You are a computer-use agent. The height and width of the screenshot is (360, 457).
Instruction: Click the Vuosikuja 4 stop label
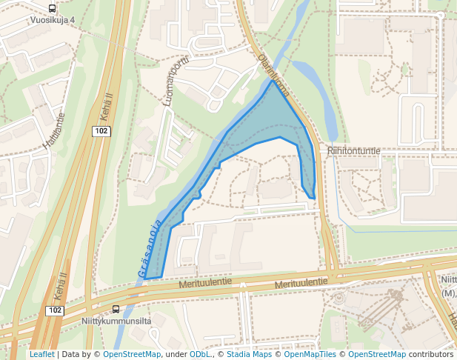[x=53, y=20]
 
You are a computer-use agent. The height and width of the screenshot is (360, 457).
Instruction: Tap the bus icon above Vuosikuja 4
[x=52, y=8]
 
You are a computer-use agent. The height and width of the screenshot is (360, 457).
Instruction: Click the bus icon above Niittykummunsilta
[x=116, y=309]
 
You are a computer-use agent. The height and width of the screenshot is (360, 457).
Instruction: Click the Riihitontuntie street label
[x=353, y=151]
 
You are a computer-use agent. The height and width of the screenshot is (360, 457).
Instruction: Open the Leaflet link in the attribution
[x=41, y=355]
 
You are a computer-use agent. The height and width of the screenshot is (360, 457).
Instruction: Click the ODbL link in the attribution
[x=200, y=355]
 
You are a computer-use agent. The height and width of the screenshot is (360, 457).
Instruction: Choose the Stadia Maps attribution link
[x=250, y=355]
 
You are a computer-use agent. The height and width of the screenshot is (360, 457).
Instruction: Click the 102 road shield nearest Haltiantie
[x=101, y=131]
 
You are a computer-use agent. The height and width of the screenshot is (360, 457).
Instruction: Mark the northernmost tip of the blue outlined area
[x=271, y=80]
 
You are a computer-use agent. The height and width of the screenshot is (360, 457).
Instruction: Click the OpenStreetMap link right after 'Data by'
[x=132, y=355]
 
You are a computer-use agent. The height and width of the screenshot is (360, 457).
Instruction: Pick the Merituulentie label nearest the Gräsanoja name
[x=206, y=282]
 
